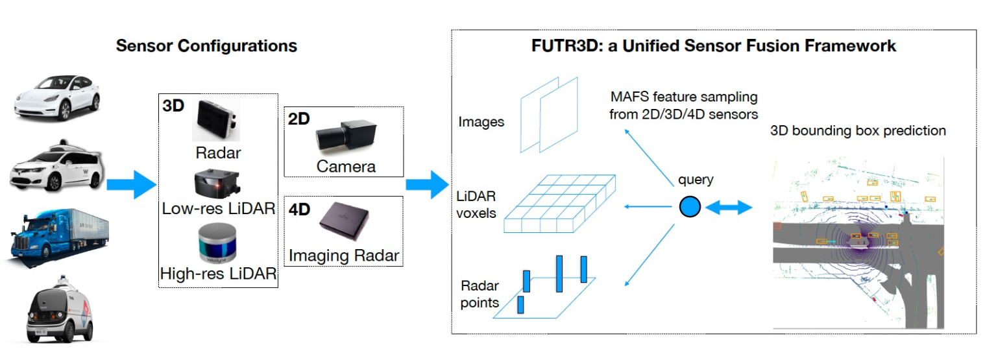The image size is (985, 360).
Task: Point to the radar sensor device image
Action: [x=216, y=121]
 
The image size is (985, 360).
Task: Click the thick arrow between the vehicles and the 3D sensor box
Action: [x=131, y=185]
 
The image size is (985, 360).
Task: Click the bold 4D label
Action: [x=300, y=210]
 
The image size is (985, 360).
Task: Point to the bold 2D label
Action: [x=299, y=120]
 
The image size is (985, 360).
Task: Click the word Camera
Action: [x=346, y=167]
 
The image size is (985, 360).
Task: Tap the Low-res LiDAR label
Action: [x=218, y=209]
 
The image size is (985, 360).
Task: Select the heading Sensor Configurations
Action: [x=206, y=46]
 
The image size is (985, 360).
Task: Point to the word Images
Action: [x=481, y=122]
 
